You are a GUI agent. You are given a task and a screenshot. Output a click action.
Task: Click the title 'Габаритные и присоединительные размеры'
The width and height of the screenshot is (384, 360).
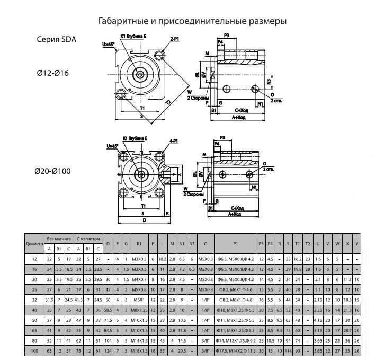[x=193, y=22]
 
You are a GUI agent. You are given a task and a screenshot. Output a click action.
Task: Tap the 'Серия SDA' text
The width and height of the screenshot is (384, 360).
[x=56, y=39]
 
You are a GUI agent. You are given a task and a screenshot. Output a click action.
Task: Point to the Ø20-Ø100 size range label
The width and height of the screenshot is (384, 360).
[x=53, y=171]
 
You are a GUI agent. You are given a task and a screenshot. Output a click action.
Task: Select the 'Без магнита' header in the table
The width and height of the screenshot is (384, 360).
[x=58, y=239]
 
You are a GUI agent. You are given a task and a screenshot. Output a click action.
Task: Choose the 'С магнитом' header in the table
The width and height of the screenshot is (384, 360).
[x=88, y=239]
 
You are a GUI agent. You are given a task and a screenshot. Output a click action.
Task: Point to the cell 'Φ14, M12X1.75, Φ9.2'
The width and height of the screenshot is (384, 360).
[x=235, y=340]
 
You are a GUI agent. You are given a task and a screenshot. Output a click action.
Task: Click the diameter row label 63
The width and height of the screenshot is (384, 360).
[x=34, y=330]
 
